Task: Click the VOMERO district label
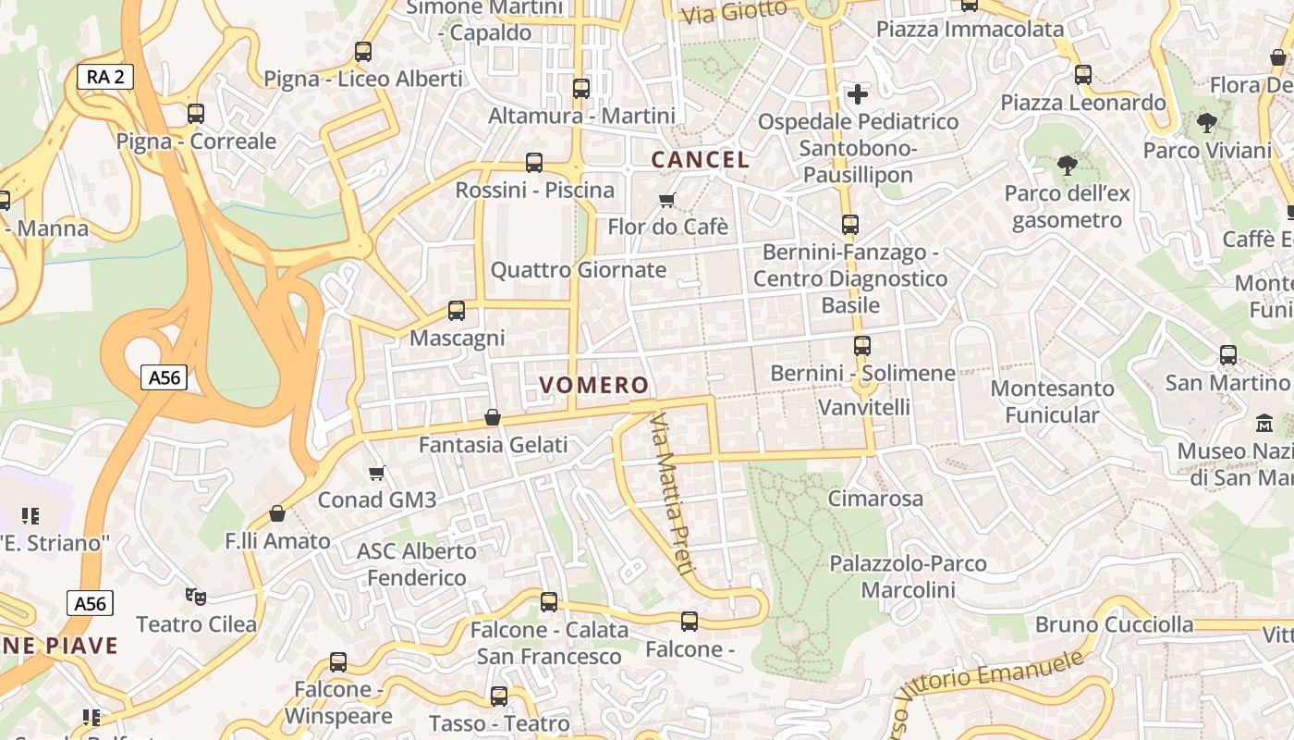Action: pyautogui.click(x=593, y=385)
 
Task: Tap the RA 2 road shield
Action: pyautogui.click(x=105, y=77)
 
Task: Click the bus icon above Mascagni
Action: pyautogui.click(x=457, y=311)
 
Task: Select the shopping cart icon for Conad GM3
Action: pyautogui.click(x=376, y=474)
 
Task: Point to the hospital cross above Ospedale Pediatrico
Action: pyautogui.click(x=858, y=94)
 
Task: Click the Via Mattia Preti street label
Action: pyautogui.click(x=671, y=496)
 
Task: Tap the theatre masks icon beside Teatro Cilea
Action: pyautogui.click(x=194, y=597)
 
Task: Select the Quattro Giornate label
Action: pyautogui.click(x=578, y=270)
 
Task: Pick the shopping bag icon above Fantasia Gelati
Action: pyautogui.click(x=493, y=418)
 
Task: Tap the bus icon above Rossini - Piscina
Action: pyautogui.click(x=534, y=163)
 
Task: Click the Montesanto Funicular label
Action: pyautogui.click(x=1052, y=401)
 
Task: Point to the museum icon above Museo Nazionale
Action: pyautogui.click(x=1263, y=425)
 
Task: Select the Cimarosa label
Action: pyautogui.click(x=874, y=499)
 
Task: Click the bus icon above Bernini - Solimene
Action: pyautogui.click(x=861, y=346)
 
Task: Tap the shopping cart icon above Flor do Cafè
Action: pyautogui.click(x=667, y=200)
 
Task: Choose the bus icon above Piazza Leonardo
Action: pyautogui.click(x=1083, y=75)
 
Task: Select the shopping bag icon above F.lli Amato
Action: pyautogui.click(x=277, y=513)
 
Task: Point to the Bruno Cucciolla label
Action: pyautogui.click(x=1114, y=624)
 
